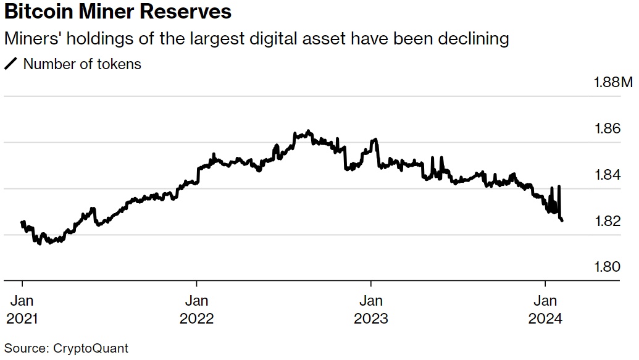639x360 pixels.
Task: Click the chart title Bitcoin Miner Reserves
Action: [117, 12]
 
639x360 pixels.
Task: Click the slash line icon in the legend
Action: [11, 64]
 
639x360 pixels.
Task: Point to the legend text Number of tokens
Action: [82, 64]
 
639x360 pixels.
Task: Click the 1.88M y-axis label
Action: [613, 83]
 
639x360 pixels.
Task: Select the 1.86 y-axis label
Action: [607, 128]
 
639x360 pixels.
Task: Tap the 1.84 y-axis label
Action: [607, 175]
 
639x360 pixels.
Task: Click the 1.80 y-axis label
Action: [607, 267]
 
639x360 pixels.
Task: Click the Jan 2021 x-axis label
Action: [23, 309]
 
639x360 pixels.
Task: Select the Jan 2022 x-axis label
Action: [196, 309]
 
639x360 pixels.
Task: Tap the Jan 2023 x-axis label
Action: [370, 309]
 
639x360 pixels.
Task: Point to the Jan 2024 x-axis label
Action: [545, 309]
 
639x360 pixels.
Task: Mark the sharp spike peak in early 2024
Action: [559, 186]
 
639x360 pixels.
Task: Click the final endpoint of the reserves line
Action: [562, 220]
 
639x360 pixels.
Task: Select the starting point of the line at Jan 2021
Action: [22, 222]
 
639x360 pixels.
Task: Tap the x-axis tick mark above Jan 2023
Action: [370, 285]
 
